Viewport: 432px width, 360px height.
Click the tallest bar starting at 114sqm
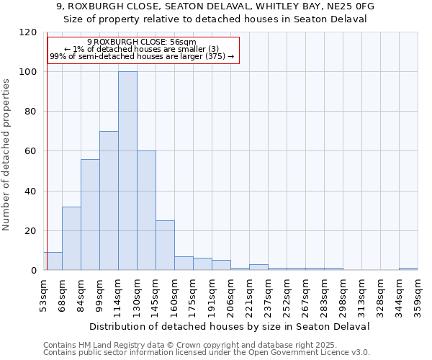coord(127,171)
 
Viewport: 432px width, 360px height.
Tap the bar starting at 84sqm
coord(90,215)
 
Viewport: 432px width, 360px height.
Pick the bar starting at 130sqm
coord(146,210)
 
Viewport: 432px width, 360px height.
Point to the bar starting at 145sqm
coord(165,245)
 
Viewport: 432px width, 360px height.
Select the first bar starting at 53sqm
coord(53,261)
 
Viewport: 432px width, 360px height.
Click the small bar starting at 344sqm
coord(408,269)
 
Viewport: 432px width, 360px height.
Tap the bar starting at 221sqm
coord(258,267)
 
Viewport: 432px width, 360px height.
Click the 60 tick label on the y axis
coord(30,151)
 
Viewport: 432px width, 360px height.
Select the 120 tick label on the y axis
coord(27,32)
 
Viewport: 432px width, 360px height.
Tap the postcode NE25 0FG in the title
coord(351,6)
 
